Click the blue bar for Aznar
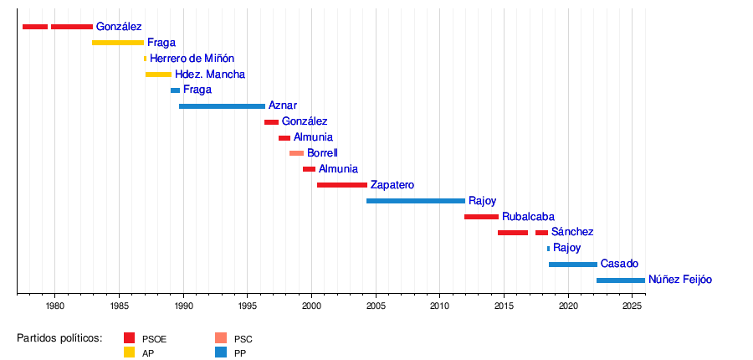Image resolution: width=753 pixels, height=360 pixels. [222, 106]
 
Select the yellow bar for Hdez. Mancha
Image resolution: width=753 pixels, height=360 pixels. [158, 75]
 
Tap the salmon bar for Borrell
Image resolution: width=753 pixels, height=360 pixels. [296, 153]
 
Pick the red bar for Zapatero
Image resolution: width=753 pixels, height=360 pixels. [341, 185]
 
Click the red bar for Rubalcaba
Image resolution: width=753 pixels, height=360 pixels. [481, 217]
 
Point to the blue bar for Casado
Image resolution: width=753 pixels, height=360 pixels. [572, 265]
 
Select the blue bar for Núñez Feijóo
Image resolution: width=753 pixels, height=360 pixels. [620, 280]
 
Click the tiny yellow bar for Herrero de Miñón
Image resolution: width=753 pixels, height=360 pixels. [145, 59]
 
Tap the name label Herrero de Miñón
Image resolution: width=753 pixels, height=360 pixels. [192, 59]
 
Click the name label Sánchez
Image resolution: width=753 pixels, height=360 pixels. [572, 232]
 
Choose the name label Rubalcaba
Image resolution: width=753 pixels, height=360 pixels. [528, 217]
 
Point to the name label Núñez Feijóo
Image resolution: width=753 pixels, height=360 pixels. [679, 280]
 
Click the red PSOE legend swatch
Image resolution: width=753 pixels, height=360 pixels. [129, 338]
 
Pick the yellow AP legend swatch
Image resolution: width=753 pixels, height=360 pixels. [129, 352]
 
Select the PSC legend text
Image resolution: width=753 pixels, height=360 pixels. [243, 339]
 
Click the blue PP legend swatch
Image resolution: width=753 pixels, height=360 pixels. [221, 352]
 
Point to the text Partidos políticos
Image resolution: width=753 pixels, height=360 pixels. [59, 338]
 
